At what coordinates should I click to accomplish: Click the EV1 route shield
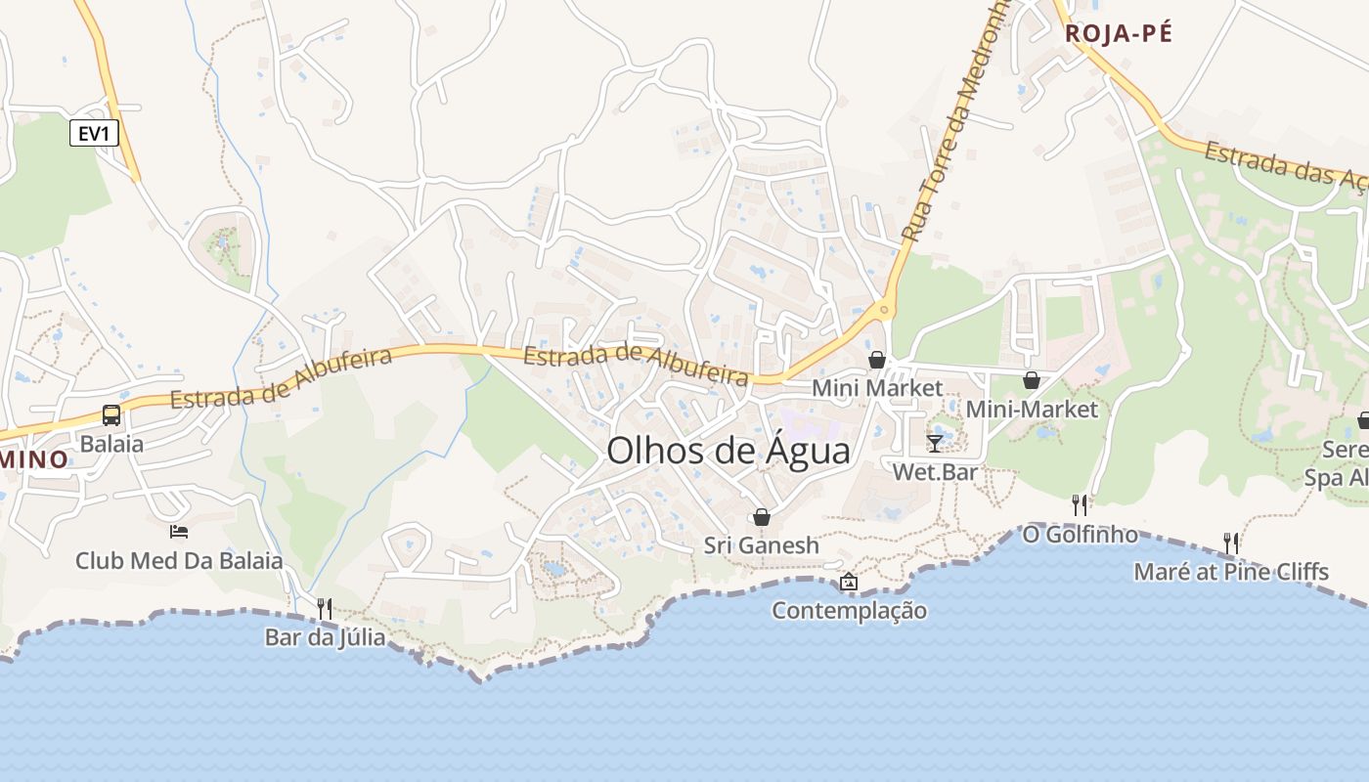click(94, 133)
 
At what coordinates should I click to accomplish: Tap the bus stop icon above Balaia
click(111, 415)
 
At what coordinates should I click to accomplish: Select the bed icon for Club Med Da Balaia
click(179, 532)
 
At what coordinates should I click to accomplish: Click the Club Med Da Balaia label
click(179, 561)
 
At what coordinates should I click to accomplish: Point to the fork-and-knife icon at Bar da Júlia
click(325, 608)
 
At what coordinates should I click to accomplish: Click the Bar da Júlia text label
click(325, 637)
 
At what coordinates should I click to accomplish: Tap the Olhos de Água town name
click(729, 451)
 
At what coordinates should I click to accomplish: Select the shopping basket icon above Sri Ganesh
click(762, 516)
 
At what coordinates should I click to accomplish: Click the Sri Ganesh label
click(762, 545)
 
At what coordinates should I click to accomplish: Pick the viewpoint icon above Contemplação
click(849, 582)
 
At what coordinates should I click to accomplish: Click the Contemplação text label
click(849, 611)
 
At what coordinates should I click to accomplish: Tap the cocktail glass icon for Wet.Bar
click(935, 443)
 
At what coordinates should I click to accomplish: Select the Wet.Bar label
click(935, 471)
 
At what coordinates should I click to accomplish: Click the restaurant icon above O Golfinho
click(1080, 504)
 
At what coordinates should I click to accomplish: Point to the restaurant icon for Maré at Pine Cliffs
click(1231, 543)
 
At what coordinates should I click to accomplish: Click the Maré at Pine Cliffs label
click(1231, 571)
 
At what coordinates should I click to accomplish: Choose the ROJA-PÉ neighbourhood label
click(1118, 33)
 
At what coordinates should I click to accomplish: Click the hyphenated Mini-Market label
click(1032, 410)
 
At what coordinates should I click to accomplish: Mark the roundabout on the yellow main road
click(884, 311)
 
